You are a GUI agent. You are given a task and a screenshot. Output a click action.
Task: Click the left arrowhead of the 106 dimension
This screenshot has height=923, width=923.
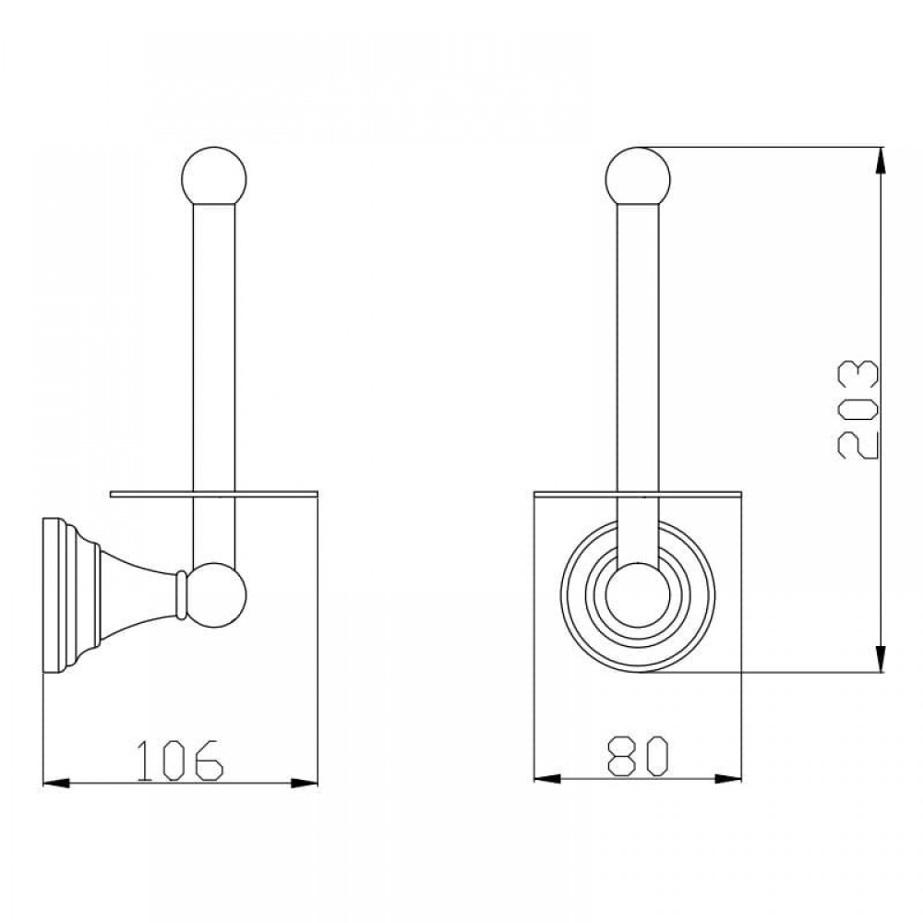pos(56,783)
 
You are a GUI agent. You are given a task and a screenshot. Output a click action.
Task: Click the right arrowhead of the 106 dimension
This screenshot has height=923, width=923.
pos(305,783)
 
